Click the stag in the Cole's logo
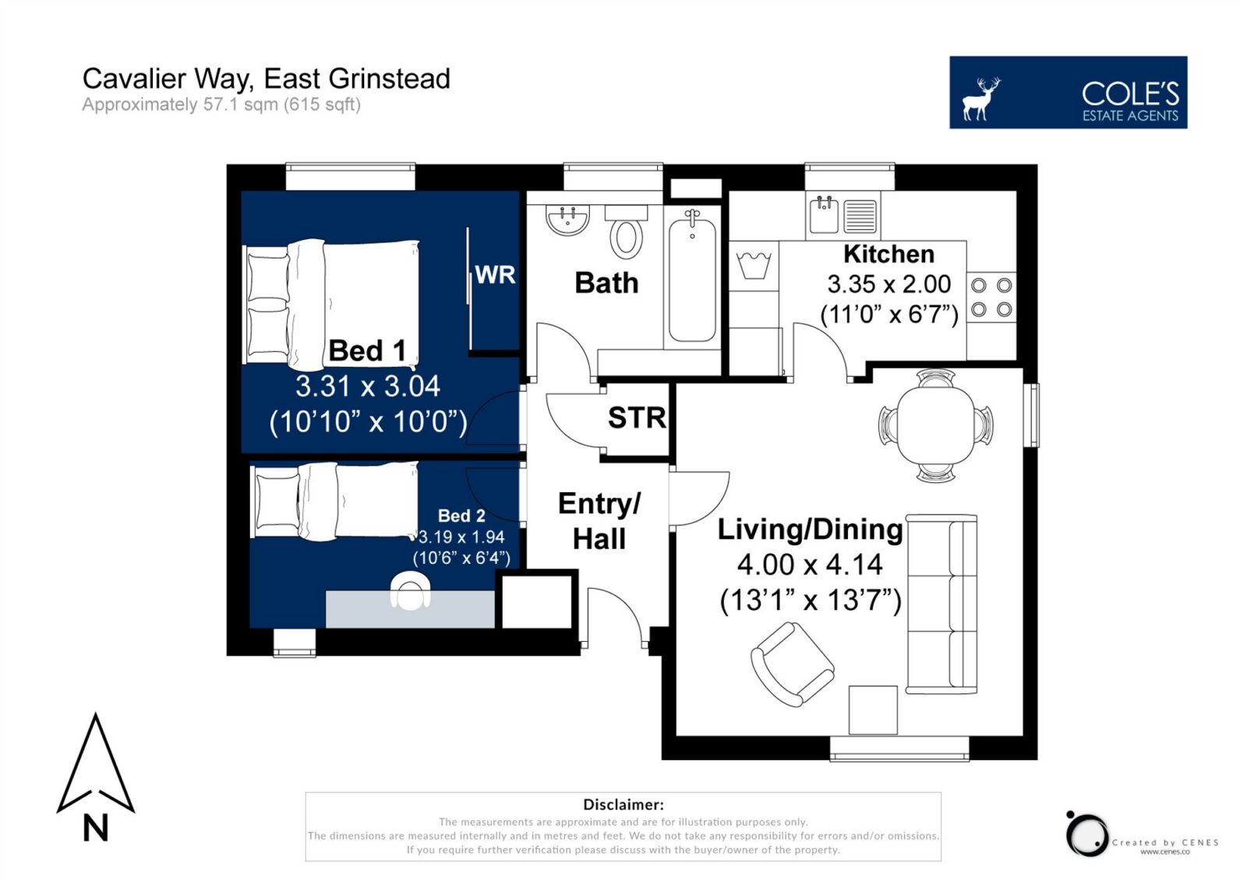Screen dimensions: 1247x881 (x=981, y=99)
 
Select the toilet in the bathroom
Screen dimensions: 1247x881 (x=627, y=232)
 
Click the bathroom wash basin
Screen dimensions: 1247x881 (x=567, y=219)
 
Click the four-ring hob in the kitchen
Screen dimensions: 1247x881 (x=991, y=298)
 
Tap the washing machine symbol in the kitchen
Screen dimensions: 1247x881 (x=754, y=266)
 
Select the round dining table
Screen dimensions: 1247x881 (x=936, y=426)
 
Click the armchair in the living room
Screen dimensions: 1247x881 (x=792, y=664)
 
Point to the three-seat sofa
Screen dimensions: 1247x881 (x=941, y=604)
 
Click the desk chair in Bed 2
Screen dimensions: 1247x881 (x=410, y=591)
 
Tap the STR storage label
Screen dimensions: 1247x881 (x=637, y=418)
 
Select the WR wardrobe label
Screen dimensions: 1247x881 (x=495, y=275)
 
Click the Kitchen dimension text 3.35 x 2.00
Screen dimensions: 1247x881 (x=889, y=284)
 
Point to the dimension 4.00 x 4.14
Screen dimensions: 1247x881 (x=810, y=564)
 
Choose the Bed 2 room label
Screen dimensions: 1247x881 (x=461, y=516)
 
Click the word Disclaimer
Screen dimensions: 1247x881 (x=623, y=804)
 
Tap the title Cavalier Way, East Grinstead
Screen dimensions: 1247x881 (x=266, y=79)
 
